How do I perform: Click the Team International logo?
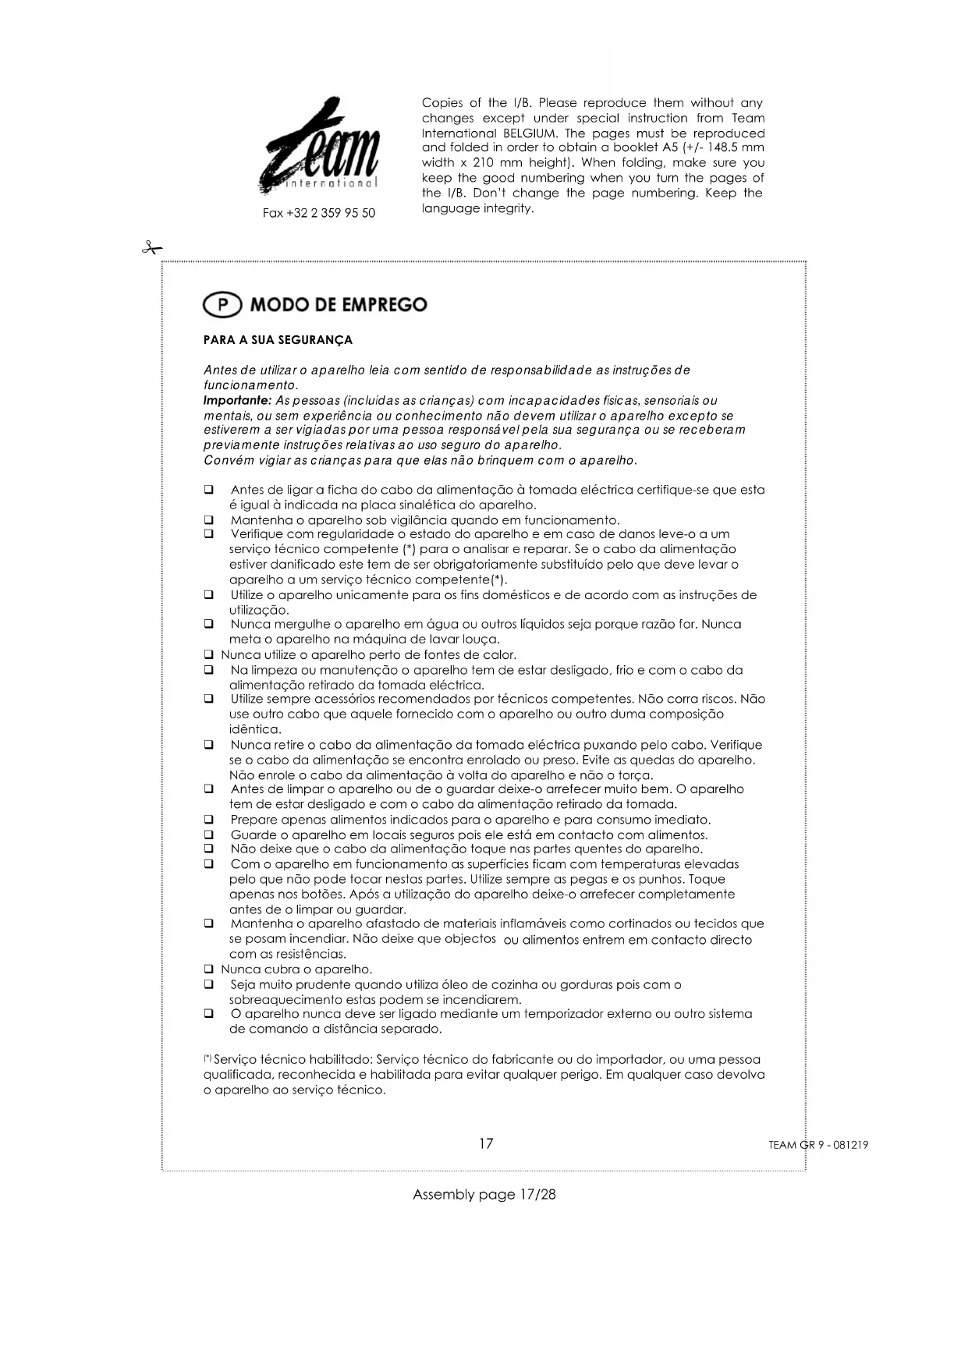[x=321, y=147]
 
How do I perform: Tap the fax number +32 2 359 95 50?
[x=318, y=213]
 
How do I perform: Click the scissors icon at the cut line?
[x=151, y=248]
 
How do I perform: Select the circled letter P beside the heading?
[x=222, y=304]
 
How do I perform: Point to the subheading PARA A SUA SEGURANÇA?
[x=278, y=340]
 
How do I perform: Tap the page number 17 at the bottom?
[x=486, y=1143]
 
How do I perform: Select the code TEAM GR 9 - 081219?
[x=818, y=1145]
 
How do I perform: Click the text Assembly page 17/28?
[x=484, y=1194]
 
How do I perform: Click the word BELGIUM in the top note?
[x=529, y=133]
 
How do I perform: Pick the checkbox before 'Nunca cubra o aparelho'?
[x=209, y=969]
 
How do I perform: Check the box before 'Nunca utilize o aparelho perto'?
[x=209, y=655]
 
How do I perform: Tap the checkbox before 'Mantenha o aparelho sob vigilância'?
[x=209, y=520]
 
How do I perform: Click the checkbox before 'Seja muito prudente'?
[x=209, y=984]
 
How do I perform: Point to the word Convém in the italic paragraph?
[x=226, y=460]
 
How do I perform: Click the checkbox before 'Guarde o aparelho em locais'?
[x=209, y=835]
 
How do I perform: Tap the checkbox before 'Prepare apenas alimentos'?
[x=209, y=820]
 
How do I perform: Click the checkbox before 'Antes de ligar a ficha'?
[x=209, y=490]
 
